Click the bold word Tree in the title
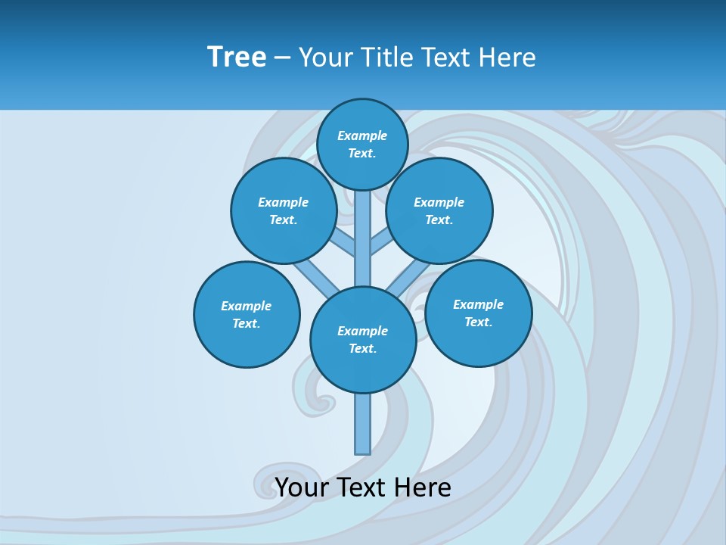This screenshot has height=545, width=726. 237,57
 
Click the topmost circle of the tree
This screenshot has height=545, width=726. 362,144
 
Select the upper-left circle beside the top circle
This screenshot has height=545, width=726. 284,210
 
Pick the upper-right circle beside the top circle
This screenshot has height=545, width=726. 439,210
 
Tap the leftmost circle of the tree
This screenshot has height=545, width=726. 247,314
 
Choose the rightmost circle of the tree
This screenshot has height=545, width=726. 479,313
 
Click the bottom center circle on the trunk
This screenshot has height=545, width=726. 363,340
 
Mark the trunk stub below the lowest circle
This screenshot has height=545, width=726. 363,424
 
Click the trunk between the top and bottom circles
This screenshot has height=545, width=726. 363,238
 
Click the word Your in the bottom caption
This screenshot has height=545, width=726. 302,487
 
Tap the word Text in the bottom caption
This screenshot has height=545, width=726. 365,487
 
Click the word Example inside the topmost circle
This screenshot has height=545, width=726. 362,136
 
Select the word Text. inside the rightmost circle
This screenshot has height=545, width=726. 479,322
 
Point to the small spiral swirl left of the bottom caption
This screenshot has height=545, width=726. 271,481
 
